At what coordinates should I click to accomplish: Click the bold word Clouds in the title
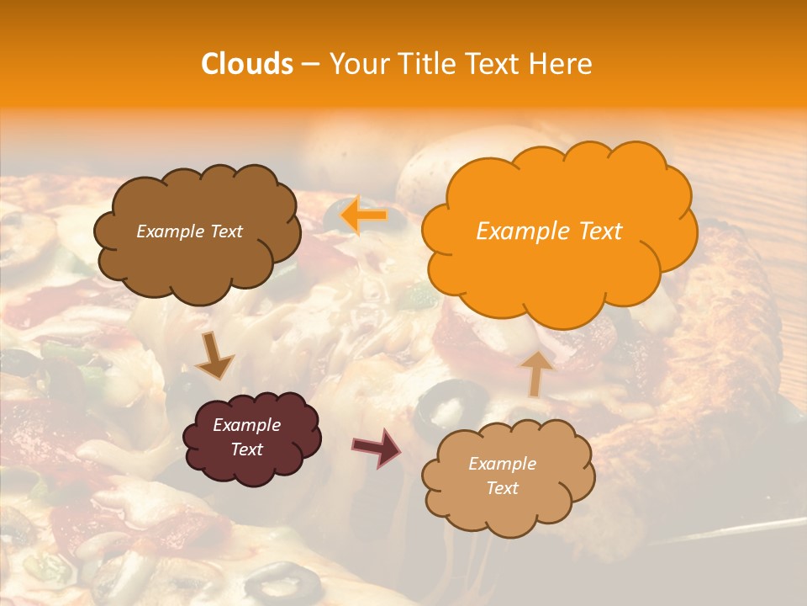(247, 64)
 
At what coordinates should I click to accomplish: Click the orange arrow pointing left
(363, 215)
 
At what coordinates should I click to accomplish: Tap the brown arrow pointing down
(215, 355)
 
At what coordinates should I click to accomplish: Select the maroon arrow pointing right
(377, 447)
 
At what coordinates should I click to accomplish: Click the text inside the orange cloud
(549, 231)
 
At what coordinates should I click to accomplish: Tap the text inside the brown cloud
(189, 231)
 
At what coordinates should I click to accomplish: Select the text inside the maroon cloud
(246, 437)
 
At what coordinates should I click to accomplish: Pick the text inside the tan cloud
(502, 476)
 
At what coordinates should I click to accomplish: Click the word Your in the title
(356, 64)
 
